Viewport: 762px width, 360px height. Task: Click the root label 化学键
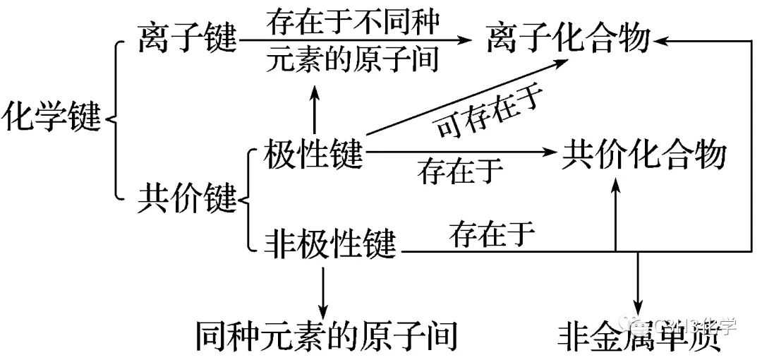52,116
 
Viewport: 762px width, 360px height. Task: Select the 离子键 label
187,39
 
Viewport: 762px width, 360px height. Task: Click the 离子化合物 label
568,39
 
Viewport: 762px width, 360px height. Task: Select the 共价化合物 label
643,153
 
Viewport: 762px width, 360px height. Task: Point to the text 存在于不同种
353,22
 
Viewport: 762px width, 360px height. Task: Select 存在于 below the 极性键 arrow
460,171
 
